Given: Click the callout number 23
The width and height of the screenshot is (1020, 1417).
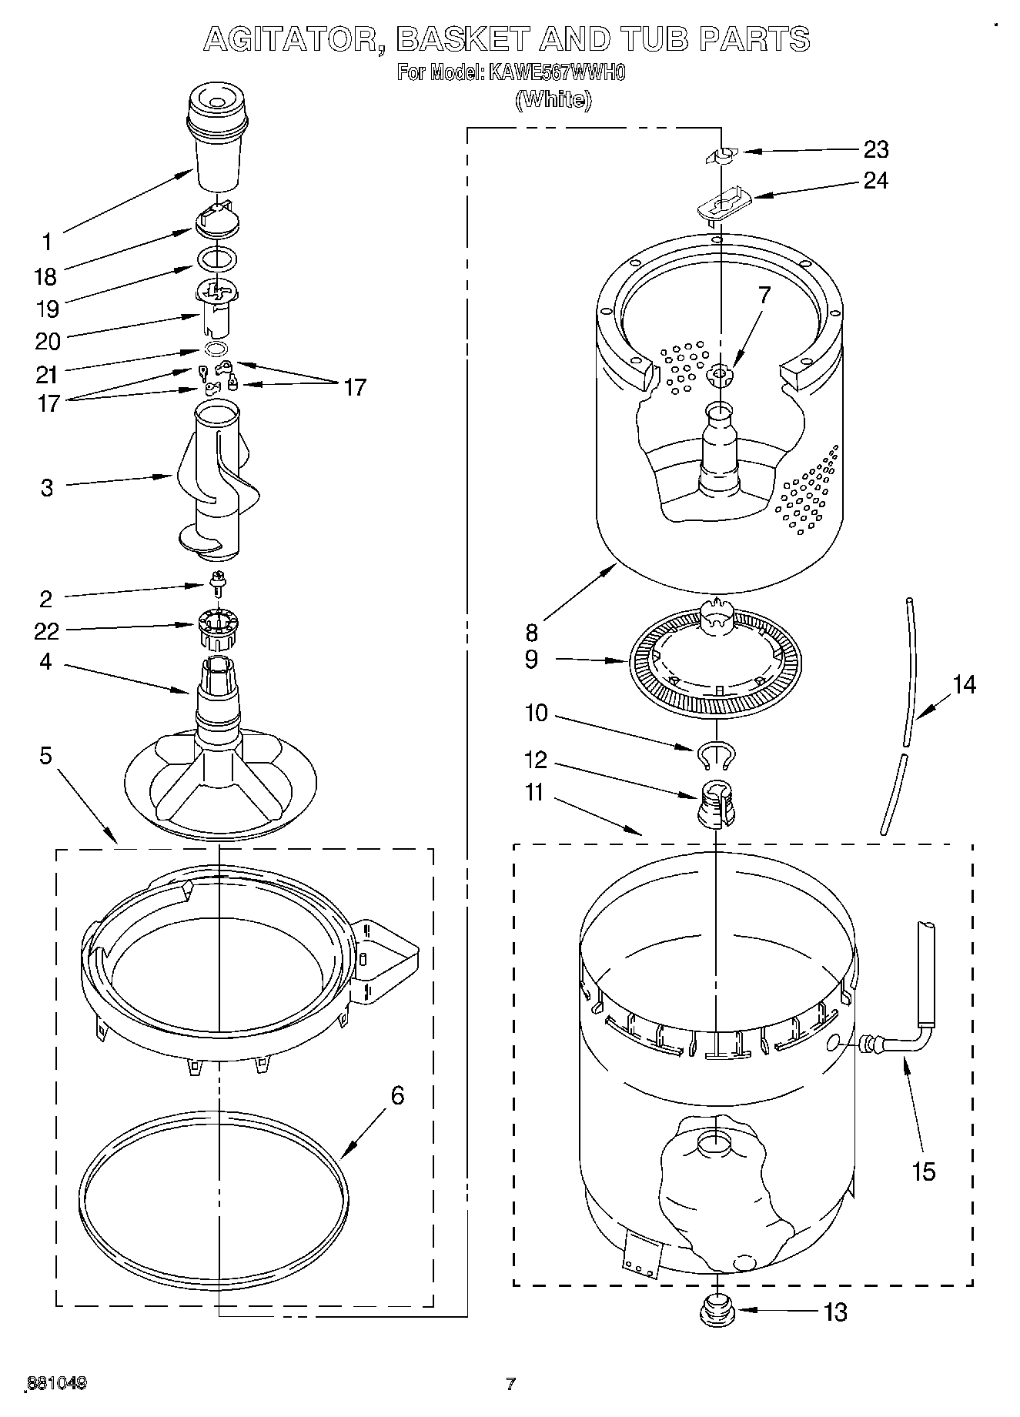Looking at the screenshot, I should (875, 149).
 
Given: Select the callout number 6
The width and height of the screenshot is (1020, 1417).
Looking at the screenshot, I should (397, 1094).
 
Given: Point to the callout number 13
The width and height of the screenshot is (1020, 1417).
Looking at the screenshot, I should (834, 1312).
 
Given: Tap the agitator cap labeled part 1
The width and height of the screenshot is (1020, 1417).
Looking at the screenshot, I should (219, 139).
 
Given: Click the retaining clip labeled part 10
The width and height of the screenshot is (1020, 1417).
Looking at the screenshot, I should (717, 755).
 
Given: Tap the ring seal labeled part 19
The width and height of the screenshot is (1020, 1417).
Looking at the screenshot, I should (216, 259).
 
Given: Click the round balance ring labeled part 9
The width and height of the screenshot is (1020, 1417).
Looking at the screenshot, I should (715, 662).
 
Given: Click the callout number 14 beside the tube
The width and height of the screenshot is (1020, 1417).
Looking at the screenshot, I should (963, 683).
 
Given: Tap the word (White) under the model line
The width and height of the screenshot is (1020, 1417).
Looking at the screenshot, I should (553, 99).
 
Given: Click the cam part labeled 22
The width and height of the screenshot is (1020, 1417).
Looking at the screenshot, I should (219, 628).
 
